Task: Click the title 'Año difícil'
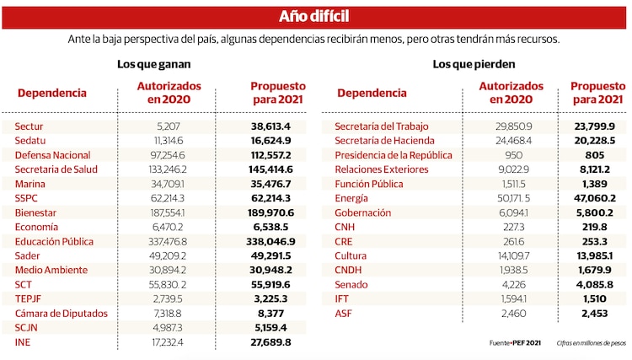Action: (314, 18)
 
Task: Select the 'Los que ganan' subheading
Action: (153, 64)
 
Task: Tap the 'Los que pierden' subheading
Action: (474, 64)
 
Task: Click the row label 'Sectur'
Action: (29, 126)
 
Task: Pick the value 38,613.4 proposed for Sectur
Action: (267, 126)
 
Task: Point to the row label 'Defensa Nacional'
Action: (52, 155)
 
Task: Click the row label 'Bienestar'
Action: (36, 212)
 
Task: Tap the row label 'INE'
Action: (23, 342)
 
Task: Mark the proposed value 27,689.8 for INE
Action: (266, 342)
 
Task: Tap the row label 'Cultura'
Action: (351, 255)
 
